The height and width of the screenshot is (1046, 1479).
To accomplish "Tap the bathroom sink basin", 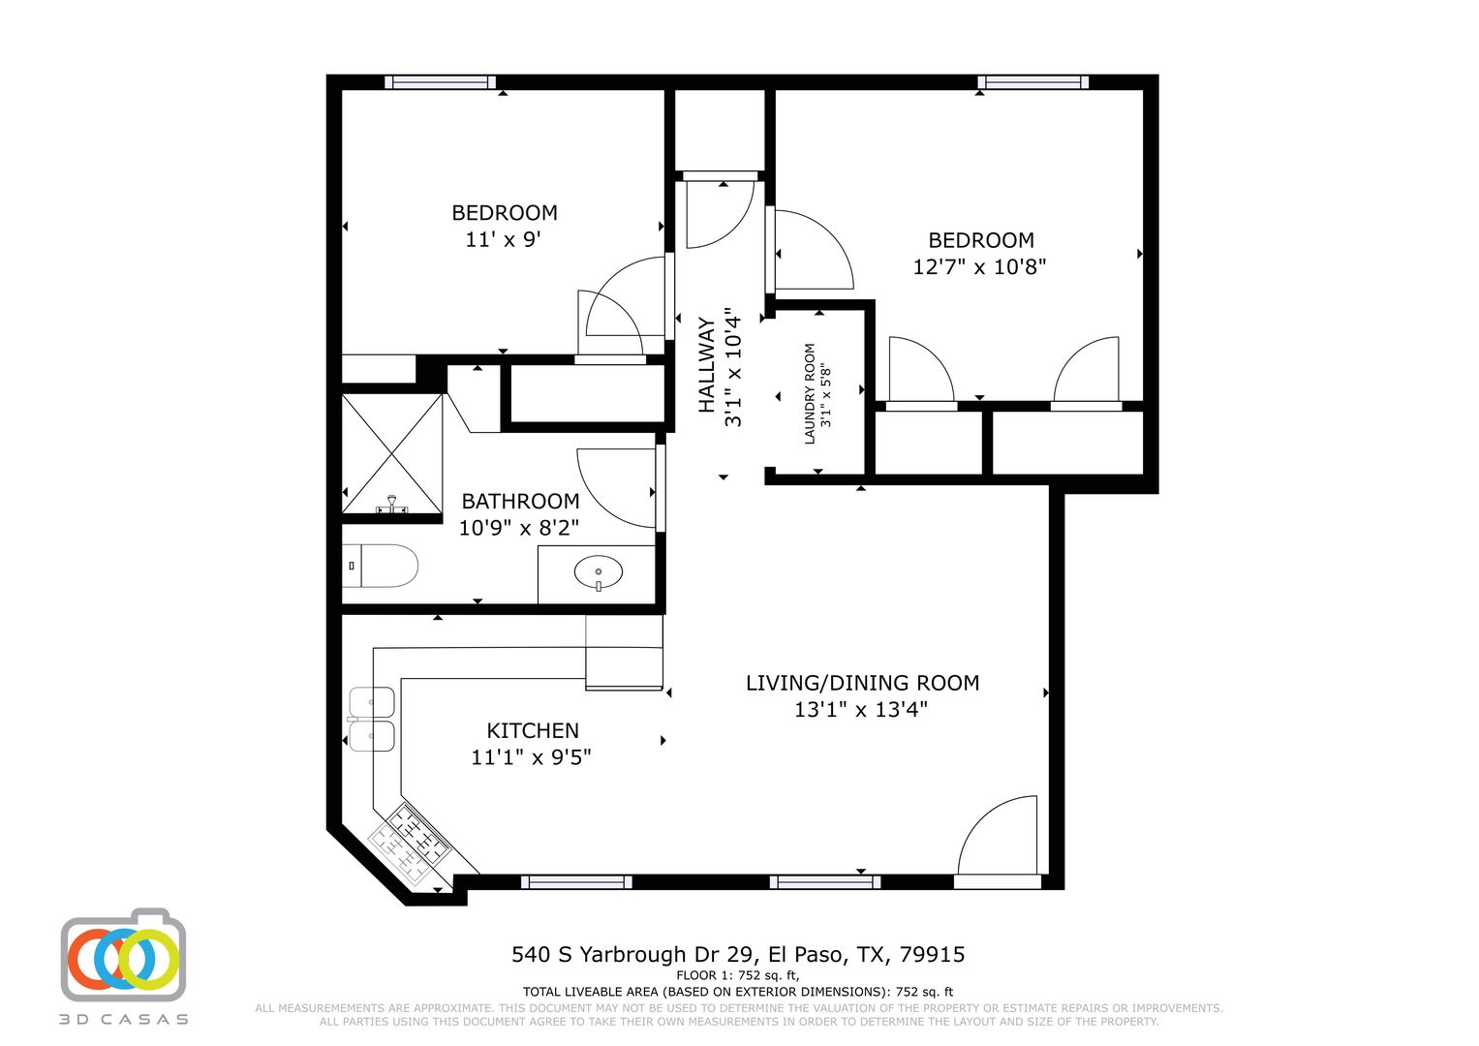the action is click(599, 571).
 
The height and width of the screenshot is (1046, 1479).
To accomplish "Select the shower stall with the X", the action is click(391, 453).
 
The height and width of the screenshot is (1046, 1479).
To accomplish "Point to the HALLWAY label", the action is click(706, 365).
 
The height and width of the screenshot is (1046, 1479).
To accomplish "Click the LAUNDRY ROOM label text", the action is click(810, 393).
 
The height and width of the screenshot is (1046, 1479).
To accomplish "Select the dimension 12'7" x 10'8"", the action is click(979, 266).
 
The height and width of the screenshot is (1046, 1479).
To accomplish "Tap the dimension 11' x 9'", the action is click(503, 239).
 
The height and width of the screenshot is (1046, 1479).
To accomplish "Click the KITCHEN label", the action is click(532, 730).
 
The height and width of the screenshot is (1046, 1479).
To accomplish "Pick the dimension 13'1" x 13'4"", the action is click(860, 709).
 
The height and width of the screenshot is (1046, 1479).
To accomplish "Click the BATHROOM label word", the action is click(520, 502).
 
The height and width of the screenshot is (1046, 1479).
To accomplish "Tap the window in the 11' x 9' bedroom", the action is click(440, 82).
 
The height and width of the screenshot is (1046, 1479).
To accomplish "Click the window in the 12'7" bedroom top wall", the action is click(1032, 82).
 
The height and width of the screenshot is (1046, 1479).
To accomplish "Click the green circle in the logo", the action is click(148, 960).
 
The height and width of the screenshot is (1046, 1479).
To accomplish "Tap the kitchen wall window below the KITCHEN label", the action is click(576, 881).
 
